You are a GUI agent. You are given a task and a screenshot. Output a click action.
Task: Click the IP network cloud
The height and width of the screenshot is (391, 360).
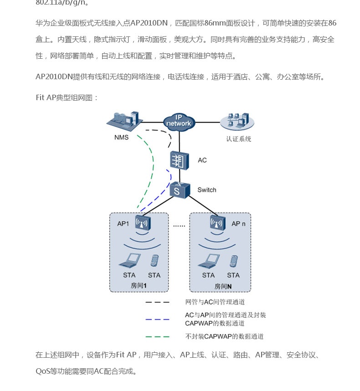[179, 122]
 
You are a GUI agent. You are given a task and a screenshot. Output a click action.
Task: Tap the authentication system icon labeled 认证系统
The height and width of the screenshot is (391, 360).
[237, 121]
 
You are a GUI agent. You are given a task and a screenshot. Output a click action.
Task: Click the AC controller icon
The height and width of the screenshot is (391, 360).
[179, 160]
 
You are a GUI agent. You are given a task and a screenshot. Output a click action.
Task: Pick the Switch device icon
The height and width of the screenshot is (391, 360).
[179, 189]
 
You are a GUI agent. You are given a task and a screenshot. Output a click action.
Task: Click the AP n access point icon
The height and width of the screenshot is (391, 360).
[217, 223]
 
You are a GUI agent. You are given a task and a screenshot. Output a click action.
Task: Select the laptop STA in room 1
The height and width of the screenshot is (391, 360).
[129, 260]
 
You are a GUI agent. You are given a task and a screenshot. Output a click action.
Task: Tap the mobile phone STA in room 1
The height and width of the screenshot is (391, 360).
[154, 260]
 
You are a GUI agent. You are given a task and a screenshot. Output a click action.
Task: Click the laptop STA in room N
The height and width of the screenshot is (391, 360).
[208, 260]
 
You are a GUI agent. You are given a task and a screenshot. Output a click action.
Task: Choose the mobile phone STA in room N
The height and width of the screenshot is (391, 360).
[233, 261]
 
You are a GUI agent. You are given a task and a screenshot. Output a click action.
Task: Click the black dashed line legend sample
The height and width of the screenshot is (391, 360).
[157, 302]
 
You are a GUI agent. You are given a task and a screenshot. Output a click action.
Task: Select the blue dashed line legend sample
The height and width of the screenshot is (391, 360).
[157, 319]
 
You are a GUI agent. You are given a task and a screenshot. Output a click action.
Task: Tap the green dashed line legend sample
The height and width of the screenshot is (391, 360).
[157, 337]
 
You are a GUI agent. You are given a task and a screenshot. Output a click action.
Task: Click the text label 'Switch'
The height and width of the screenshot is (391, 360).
[207, 190]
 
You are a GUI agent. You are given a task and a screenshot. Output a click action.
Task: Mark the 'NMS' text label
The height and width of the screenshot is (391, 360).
[122, 137]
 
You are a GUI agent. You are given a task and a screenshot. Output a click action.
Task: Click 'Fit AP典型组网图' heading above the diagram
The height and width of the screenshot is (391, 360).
[67, 97]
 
